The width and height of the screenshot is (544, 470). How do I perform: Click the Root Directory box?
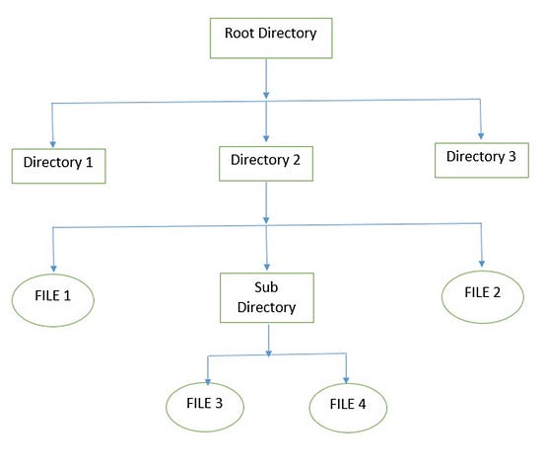point(270,36)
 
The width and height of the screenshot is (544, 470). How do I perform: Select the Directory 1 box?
point(58,165)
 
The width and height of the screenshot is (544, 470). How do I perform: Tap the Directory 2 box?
point(265,161)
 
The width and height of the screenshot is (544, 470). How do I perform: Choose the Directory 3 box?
point(481,157)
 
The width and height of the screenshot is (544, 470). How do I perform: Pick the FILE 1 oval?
point(53,296)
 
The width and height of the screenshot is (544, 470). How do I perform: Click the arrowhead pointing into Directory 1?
point(52,142)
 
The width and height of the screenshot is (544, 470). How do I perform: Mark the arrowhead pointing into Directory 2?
point(265,137)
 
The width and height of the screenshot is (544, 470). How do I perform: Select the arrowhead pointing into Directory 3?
point(482,134)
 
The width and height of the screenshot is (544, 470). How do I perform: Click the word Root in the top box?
point(239,32)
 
